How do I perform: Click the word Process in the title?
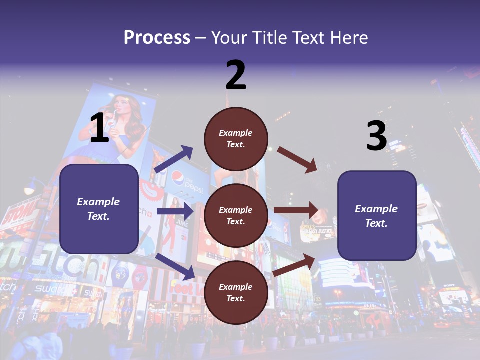click(x=157, y=38)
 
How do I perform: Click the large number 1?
click(x=99, y=128)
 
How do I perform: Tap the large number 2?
click(x=236, y=75)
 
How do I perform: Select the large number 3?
click(x=376, y=136)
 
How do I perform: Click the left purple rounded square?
click(x=99, y=209)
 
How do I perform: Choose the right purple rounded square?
click(x=377, y=215)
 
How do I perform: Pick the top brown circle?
click(x=236, y=138)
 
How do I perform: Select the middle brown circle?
click(x=236, y=215)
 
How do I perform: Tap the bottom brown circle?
click(x=236, y=292)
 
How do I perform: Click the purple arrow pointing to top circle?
click(x=174, y=159)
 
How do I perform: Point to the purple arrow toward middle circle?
click(x=175, y=211)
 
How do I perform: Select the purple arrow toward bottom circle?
click(x=175, y=266)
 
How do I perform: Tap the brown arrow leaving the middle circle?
click(x=296, y=210)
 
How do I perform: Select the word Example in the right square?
click(x=376, y=209)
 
